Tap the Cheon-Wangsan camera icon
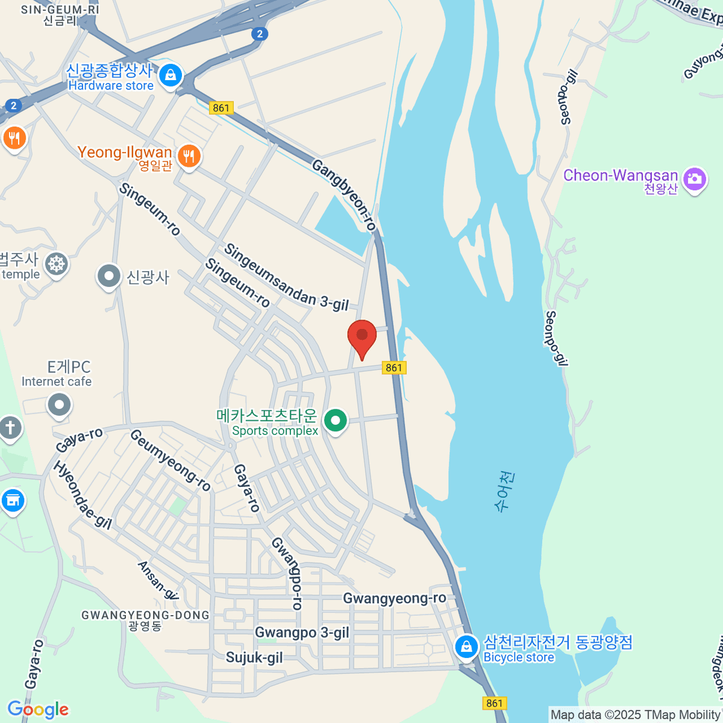[695, 179]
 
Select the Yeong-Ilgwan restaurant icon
[189, 157]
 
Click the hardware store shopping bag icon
[171, 76]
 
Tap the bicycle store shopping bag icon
[466, 648]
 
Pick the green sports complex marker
[336, 420]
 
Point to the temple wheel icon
[57, 264]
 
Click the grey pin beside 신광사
[109, 277]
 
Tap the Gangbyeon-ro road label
[344, 195]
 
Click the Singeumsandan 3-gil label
[286, 277]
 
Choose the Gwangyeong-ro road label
[395, 598]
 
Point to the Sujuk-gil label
[254, 657]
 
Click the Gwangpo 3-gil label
[302, 633]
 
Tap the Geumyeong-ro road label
[170, 460]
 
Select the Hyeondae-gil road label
[83, 495]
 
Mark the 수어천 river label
[505, 491]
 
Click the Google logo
[38, 710]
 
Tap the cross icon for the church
[10, 428]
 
